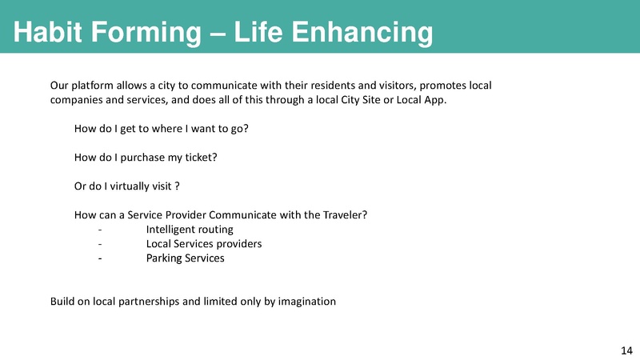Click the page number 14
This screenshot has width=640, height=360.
pyautogui.click(x=626, y=350)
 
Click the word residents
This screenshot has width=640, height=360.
pyautogui.click(x=336, y=85)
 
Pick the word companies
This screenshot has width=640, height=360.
pyautogui.click(x=76, y=100)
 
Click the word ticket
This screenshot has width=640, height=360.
pyautogui.click(x=200, y=157)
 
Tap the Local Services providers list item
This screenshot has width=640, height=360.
pyautogui.click(x=203, y=244)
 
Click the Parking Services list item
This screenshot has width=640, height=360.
pyautogui.click(x=185, y=258)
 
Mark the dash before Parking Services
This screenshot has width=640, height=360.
pyautogui.click(x=99, y=258)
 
